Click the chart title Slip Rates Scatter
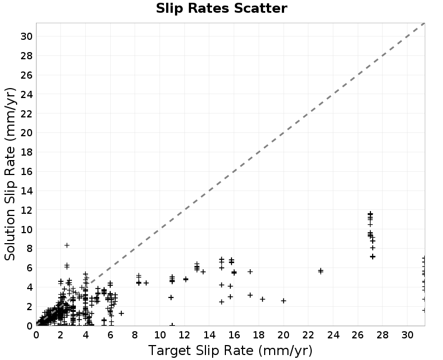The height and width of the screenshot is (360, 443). (x=221, y=8)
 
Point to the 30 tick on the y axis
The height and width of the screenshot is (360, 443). (x=26, y=36)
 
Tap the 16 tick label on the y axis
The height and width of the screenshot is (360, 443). (x=26, y=172)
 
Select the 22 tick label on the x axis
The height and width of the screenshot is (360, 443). (x=308, y=335)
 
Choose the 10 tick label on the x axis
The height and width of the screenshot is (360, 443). (x=160, y=335)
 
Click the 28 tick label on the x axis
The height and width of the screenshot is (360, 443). (x=383, y=335)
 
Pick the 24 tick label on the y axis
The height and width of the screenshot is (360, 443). (x=26, y=94)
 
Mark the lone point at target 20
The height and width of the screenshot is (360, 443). (x=284, y=301)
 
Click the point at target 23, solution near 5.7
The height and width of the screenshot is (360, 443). (x=321, y=271)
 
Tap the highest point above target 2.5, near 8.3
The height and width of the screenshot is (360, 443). (x=67, y=245)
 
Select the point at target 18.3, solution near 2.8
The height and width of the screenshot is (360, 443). (x=262, y=299)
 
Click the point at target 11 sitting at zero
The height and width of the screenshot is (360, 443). (x=172, y=325)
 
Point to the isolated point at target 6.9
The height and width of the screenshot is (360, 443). (x=121, y=313)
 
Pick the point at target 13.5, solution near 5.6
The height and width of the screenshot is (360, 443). (x=203, y=272)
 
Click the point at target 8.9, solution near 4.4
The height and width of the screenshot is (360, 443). (x=146, y=283)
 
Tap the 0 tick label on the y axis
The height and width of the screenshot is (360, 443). (x=29, y=326)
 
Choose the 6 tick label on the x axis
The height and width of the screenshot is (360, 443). (x=110, y=335)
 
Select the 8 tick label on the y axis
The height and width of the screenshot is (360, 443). (x=29, y=249)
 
